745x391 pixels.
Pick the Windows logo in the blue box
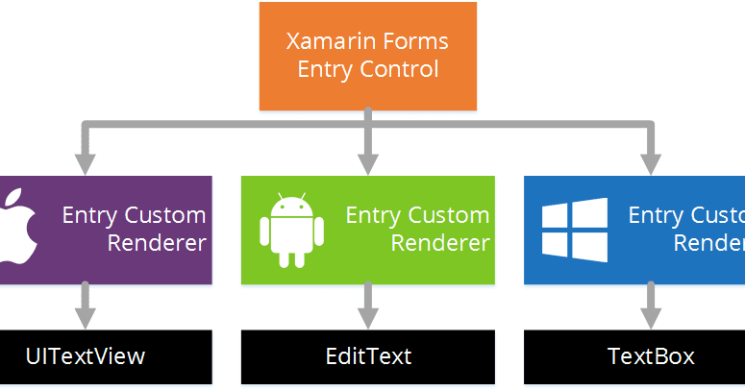[x=574, y=231]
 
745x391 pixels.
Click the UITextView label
[x=85, y=356]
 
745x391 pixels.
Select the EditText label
[x=368, y=356]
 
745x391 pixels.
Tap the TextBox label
[x=651, y=356]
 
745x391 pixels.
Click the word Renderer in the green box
[x=439, y=243]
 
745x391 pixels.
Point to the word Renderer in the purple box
[x=157, y=243]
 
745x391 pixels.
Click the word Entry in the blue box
[x=654, y=215]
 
